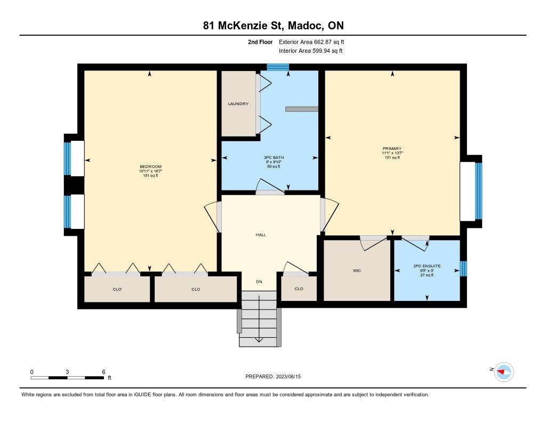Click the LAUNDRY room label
click(x=238, y=104)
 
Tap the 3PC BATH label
click(x=274, y=157)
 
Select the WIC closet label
click(x=357, y=271)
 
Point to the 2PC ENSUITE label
click(x=427, y=266)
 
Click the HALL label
click(x=261, y=235)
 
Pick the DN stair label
click(x=259, y=282)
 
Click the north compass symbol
click(x=504, y=372)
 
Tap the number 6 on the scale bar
click(x=103, y=372)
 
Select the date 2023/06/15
click(x=288, y=376)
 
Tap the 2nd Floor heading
click(x=260, y=42)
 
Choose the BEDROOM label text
click(x=150, y=166)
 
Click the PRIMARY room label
click(x=392, y=148)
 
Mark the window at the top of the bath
click(x=278, y=67)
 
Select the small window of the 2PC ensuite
click(x=463, y=269)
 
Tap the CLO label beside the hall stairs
click(x=299, y=289)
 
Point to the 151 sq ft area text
click(x=392, y=157)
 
